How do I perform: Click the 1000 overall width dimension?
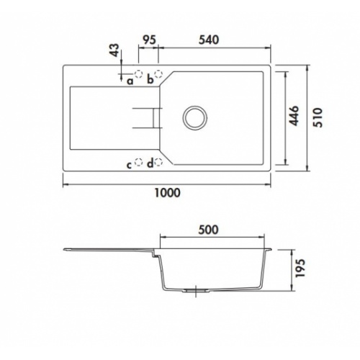point(167,192)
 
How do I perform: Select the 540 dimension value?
point(209,40)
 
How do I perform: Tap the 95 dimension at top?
point(149,40)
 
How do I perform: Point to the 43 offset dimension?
point(116,50)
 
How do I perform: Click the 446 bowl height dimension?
point(293,116)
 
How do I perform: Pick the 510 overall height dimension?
point(318,117)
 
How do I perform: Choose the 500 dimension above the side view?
point(209,230)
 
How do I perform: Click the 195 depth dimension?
point(300,268)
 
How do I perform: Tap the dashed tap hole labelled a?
point(138,73)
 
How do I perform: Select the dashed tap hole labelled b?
point(158,73)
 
